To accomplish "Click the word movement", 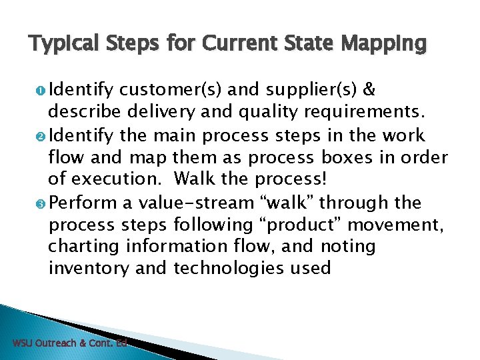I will click(402, 224).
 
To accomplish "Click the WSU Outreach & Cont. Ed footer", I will click(69, 343).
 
